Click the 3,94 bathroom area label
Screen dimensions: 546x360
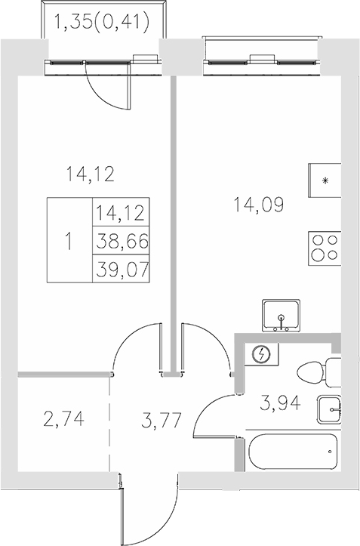pos(281,403)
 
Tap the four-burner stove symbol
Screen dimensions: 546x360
pos(325,247)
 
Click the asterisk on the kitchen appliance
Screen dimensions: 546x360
pos(325,180)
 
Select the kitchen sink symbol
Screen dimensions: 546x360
pos(281,316)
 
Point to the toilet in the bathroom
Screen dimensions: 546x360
pos(318,372)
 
